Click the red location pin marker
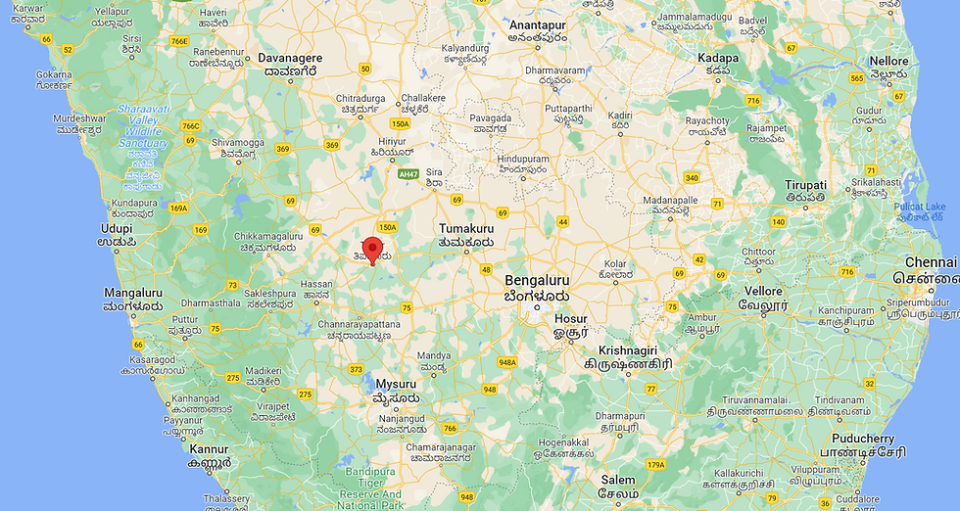372,249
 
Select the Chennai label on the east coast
931,262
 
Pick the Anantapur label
537,23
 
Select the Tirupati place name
806,185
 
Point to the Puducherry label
862,439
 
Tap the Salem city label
618,481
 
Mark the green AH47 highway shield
409,173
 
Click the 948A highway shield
506,362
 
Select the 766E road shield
178,41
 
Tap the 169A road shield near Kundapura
177,208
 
